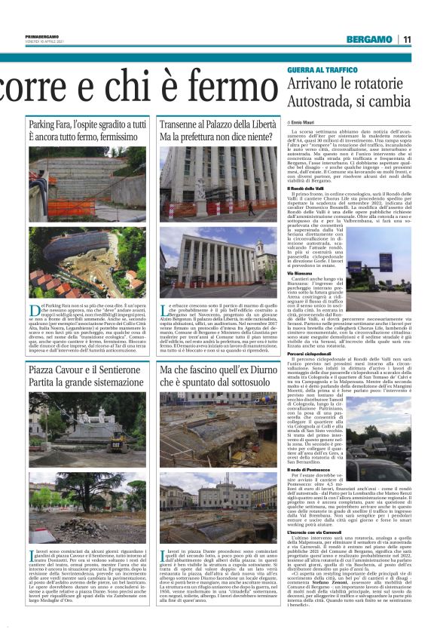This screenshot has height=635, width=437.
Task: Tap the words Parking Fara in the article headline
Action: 48,124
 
